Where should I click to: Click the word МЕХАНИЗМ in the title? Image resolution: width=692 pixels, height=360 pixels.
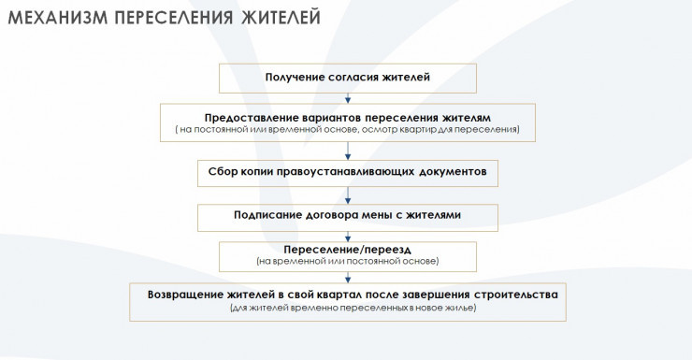point(58,18)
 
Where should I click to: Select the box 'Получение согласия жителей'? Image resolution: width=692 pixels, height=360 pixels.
point(348,79)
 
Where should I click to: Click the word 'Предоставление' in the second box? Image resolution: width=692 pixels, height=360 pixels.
point(252,118)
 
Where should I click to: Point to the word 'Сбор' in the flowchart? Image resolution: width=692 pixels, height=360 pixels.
point(223,171)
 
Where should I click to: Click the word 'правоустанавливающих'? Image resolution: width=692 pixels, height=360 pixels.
point(346,172)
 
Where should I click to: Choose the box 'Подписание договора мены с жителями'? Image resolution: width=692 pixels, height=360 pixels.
point(348,218)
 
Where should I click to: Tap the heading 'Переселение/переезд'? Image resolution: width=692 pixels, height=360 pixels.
point(347,251)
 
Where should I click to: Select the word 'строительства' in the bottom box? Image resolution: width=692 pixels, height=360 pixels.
point(516,295)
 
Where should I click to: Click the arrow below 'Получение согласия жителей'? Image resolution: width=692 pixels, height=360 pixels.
point(348,98)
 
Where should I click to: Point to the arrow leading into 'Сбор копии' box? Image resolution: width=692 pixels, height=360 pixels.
point(348,151)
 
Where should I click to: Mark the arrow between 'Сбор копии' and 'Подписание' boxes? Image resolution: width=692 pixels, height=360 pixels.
point(348,195)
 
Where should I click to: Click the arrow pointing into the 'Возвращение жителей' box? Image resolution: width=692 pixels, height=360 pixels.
point(348,278)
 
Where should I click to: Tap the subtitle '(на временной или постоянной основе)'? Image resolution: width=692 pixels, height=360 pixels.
point(348,261)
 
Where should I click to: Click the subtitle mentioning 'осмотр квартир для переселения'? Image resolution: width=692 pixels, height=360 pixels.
point(348,130)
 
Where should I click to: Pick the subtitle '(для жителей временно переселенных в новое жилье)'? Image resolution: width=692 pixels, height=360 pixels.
point(353,308)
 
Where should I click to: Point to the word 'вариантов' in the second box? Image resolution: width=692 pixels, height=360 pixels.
point(332,118)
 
